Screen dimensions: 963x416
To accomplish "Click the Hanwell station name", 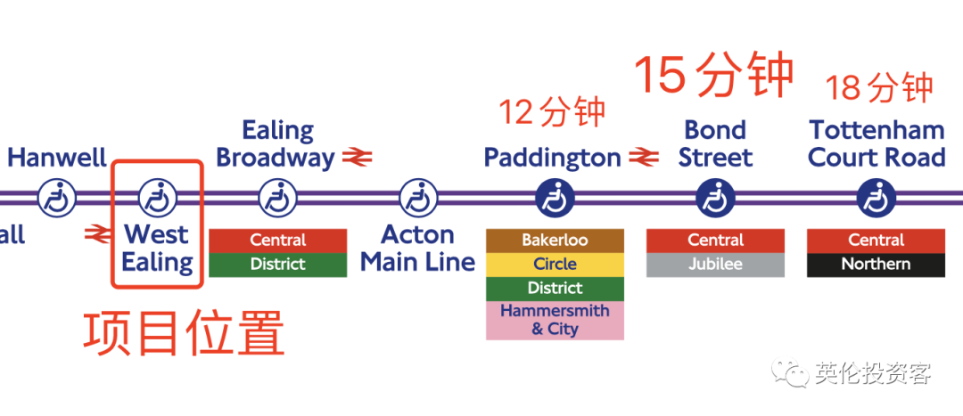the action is coord(57,158).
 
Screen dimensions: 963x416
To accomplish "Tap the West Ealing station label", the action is coord(157,249).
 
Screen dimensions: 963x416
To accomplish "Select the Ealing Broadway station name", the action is coord(276,144).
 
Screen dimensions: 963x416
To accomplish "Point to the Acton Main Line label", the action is coord(418,249).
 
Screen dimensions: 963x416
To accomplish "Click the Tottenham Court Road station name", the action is coord(877,144).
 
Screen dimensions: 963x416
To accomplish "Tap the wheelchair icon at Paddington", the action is coord(555,197).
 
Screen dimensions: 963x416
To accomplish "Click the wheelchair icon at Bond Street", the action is coord(715,197).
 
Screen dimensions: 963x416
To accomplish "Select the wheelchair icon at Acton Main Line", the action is coord(418,197).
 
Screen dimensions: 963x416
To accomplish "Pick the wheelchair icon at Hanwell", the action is coord(57,197).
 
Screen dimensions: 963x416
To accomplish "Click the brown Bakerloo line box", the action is coord(555,241).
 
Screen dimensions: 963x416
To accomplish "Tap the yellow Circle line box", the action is coord(555,265).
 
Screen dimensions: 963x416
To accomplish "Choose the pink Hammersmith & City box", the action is coord(555,320).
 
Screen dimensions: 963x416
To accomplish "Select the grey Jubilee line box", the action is coord(715,265).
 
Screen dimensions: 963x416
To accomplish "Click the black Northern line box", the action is coord(876,265).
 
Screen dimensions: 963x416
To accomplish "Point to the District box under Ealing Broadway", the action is coord(278,265).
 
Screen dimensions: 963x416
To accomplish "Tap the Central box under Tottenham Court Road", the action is coord(876,241).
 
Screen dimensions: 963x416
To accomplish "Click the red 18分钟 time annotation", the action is coord(878,88).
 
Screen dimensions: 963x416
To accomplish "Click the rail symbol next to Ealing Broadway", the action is coord(356,158).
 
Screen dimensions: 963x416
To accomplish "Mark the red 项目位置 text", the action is coord(185,333).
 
